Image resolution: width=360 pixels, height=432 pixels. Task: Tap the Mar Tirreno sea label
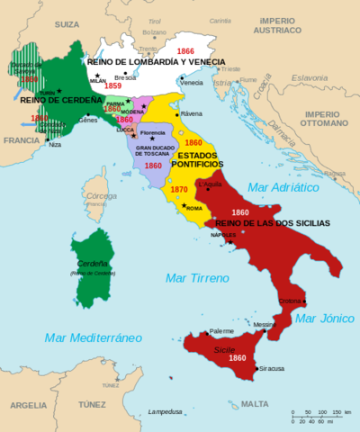[195, 278]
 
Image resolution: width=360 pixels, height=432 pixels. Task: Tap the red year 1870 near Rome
[179, 189]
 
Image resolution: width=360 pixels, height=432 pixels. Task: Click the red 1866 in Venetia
[186, 51]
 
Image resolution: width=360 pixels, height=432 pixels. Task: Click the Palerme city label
[221, 330]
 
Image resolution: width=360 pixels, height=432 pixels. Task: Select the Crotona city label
[292, 300]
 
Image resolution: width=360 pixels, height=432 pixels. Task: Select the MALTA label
[256, 404]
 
